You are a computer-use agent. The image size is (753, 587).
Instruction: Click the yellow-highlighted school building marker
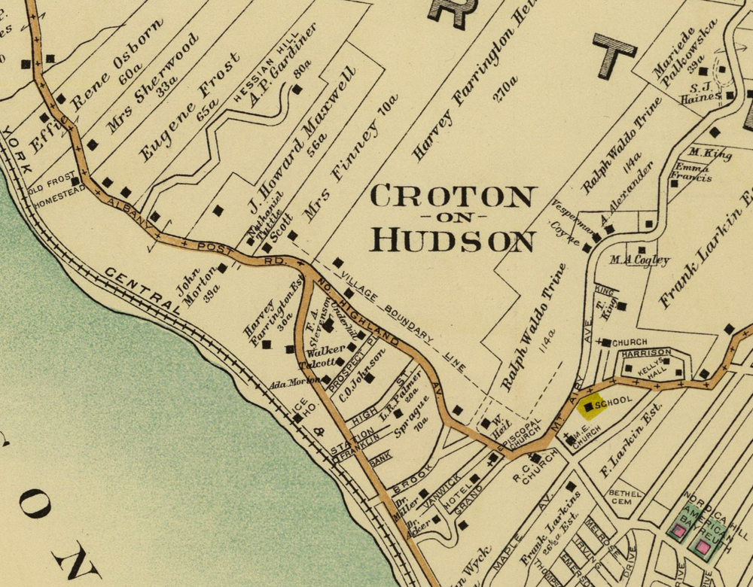[x=589, y=406]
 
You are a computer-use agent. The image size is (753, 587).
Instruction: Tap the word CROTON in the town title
[x=453, y=197]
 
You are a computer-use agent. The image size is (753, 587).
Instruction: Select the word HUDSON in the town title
[x=453, y=240]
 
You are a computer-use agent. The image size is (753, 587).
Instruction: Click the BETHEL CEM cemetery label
[x=625, y=497]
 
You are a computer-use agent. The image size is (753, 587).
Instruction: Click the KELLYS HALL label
[x=650, y=367]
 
